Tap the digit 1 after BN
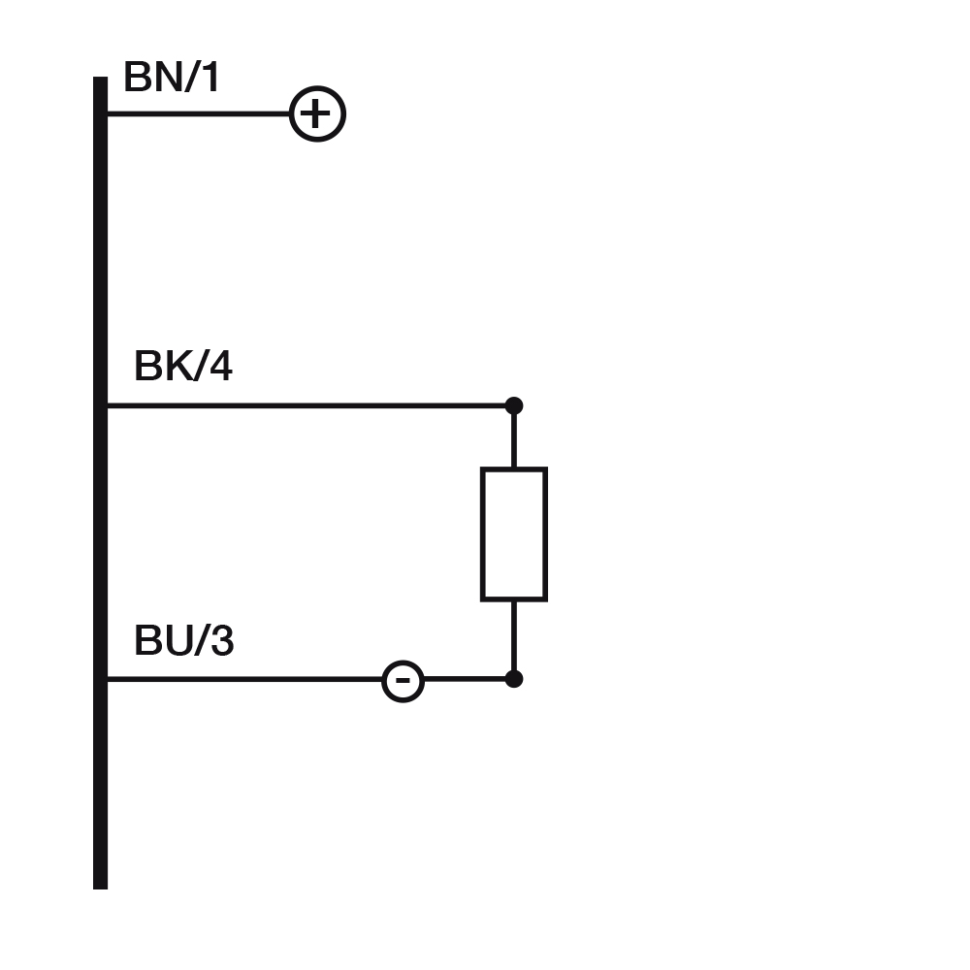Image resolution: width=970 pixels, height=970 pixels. (210, 78)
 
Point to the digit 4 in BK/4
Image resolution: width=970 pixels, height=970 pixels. (219, 367)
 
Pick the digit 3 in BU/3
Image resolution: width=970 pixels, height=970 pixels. (221, 641)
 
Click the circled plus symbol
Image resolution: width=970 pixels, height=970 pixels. (317, 114)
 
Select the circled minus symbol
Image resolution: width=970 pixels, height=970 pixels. (403, 680)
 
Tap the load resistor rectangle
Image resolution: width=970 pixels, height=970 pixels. (514, 533)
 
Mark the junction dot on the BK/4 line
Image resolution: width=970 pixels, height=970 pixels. (514, 405)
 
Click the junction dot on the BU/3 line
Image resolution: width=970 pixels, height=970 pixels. (514, 679)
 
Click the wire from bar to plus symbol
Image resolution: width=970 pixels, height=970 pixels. (199, 114)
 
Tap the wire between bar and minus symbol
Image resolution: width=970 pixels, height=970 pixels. (242, 679)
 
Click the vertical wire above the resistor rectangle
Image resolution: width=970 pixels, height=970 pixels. (514, 438)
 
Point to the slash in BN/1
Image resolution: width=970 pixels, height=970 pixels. (190, 78)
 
